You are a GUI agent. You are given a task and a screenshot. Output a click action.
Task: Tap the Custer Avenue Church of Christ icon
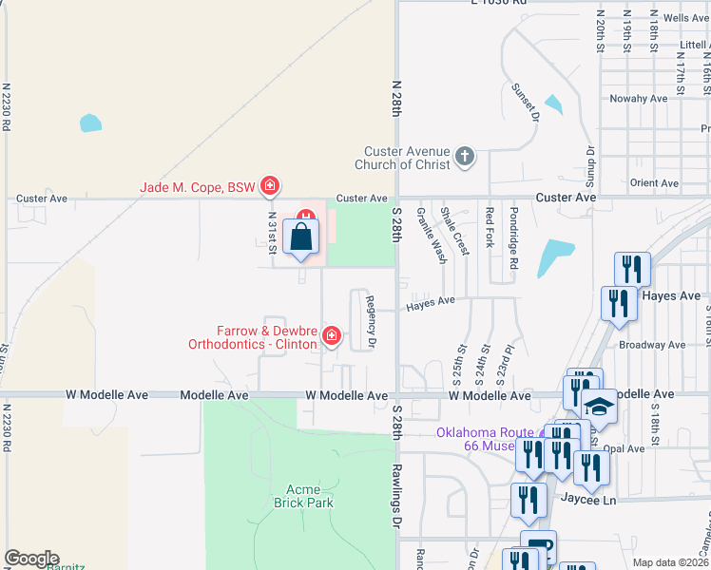[x=465, y=156]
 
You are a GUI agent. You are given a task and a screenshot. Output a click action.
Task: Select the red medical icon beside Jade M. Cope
[x=270, y=185]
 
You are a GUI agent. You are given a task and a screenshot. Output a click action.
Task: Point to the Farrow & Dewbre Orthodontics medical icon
[x=332, y=335]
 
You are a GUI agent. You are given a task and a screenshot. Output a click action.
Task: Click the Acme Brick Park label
[x=303, y=495]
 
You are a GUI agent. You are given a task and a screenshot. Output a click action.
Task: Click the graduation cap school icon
[x=598, y=407]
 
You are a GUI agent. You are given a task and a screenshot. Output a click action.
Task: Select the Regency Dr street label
[x=372, y=321]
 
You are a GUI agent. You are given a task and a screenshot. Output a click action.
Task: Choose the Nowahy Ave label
[x=640, y=99]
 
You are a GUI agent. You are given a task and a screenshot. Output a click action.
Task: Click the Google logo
[x=31, y=559]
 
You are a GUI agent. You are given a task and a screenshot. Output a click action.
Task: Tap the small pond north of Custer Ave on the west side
[x=90, y=123]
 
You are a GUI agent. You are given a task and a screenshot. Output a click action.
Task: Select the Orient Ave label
[x=654, y=183]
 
